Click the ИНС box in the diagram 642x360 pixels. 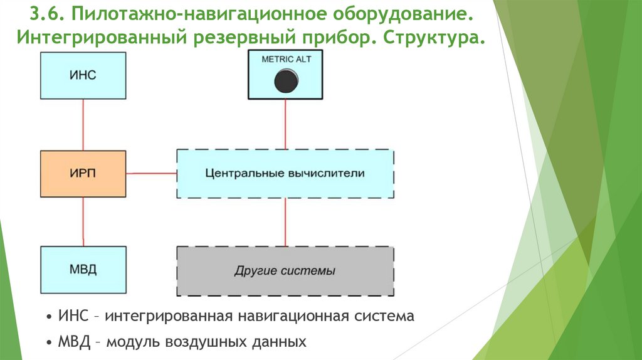click(x=83, y=75)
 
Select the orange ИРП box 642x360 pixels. click(x=83, y=172)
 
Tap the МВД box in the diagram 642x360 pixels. click(x=83, y=270)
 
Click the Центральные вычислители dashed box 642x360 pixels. click(x=285, y=173)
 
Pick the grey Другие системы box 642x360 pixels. click(x=285, y=271)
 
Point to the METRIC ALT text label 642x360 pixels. click(x=286, y=60)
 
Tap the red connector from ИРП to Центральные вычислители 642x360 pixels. click(x=150, y=172)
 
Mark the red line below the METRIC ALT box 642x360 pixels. click(x=286, y=124)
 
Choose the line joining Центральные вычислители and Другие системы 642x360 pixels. click(x=286, y=222)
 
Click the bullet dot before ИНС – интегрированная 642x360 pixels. click(x=50, y=316)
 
